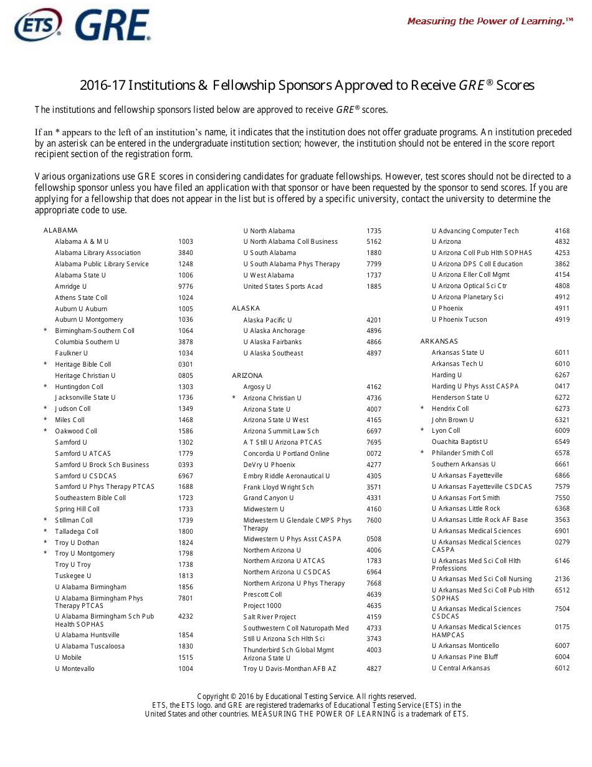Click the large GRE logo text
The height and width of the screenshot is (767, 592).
click(x=113, y=26)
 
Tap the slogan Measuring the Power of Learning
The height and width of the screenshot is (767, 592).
click(x=490, y=21)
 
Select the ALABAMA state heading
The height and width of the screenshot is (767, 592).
click(x=60, y=230)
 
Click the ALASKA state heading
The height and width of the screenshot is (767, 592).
click(x=246, y=308)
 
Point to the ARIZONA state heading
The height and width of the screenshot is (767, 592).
click(x=247, y=375)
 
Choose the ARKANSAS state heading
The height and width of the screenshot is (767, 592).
click(x=439, y=341)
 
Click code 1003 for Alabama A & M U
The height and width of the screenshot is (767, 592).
click(x=186, y=241)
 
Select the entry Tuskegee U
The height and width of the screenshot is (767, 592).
click(x=73, y=576)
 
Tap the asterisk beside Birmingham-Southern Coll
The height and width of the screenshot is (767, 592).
click(x=45, y=331)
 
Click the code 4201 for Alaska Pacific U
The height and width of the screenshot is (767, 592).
click(x=374, y=320)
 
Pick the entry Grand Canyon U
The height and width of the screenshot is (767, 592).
click(x=269, y=498)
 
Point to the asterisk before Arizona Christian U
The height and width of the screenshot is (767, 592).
click(x=234, y=398)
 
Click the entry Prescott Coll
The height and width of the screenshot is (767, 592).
click(x=262, y=594)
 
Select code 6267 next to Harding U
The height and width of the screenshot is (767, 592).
click(x=562, y=375)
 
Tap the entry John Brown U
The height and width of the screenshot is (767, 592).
click(x=453, y=420)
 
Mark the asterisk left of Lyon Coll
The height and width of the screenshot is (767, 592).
click(x=422, y=431)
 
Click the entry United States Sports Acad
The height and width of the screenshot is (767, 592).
click(x=283, y=286)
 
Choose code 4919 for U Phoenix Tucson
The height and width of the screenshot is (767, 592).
click(x=562, y=319)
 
